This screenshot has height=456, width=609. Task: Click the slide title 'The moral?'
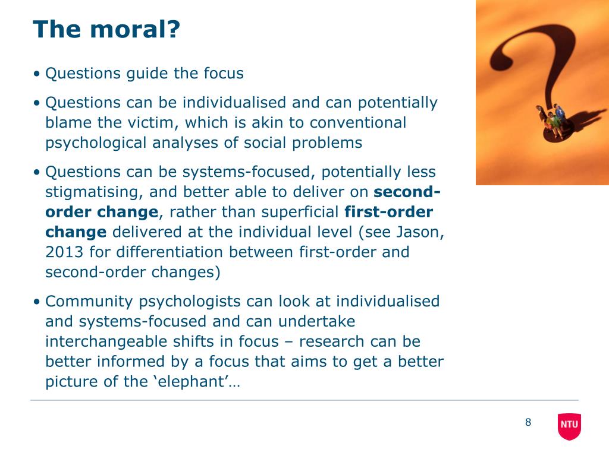(x=106, y=29)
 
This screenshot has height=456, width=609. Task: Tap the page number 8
(x=528, y=422)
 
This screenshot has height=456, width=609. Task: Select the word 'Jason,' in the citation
(x=420, y=232)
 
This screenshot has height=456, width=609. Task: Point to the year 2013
(x=64, y=252)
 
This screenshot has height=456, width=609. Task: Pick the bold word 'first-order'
(x=388, y=212)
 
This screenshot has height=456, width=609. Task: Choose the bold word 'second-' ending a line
(x=407, y=192)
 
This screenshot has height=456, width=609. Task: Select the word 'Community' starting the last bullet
(x=89, y=302)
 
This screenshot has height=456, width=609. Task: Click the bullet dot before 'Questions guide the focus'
(x=36, y=73)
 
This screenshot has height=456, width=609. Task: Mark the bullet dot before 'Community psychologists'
(x=36, y=301)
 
